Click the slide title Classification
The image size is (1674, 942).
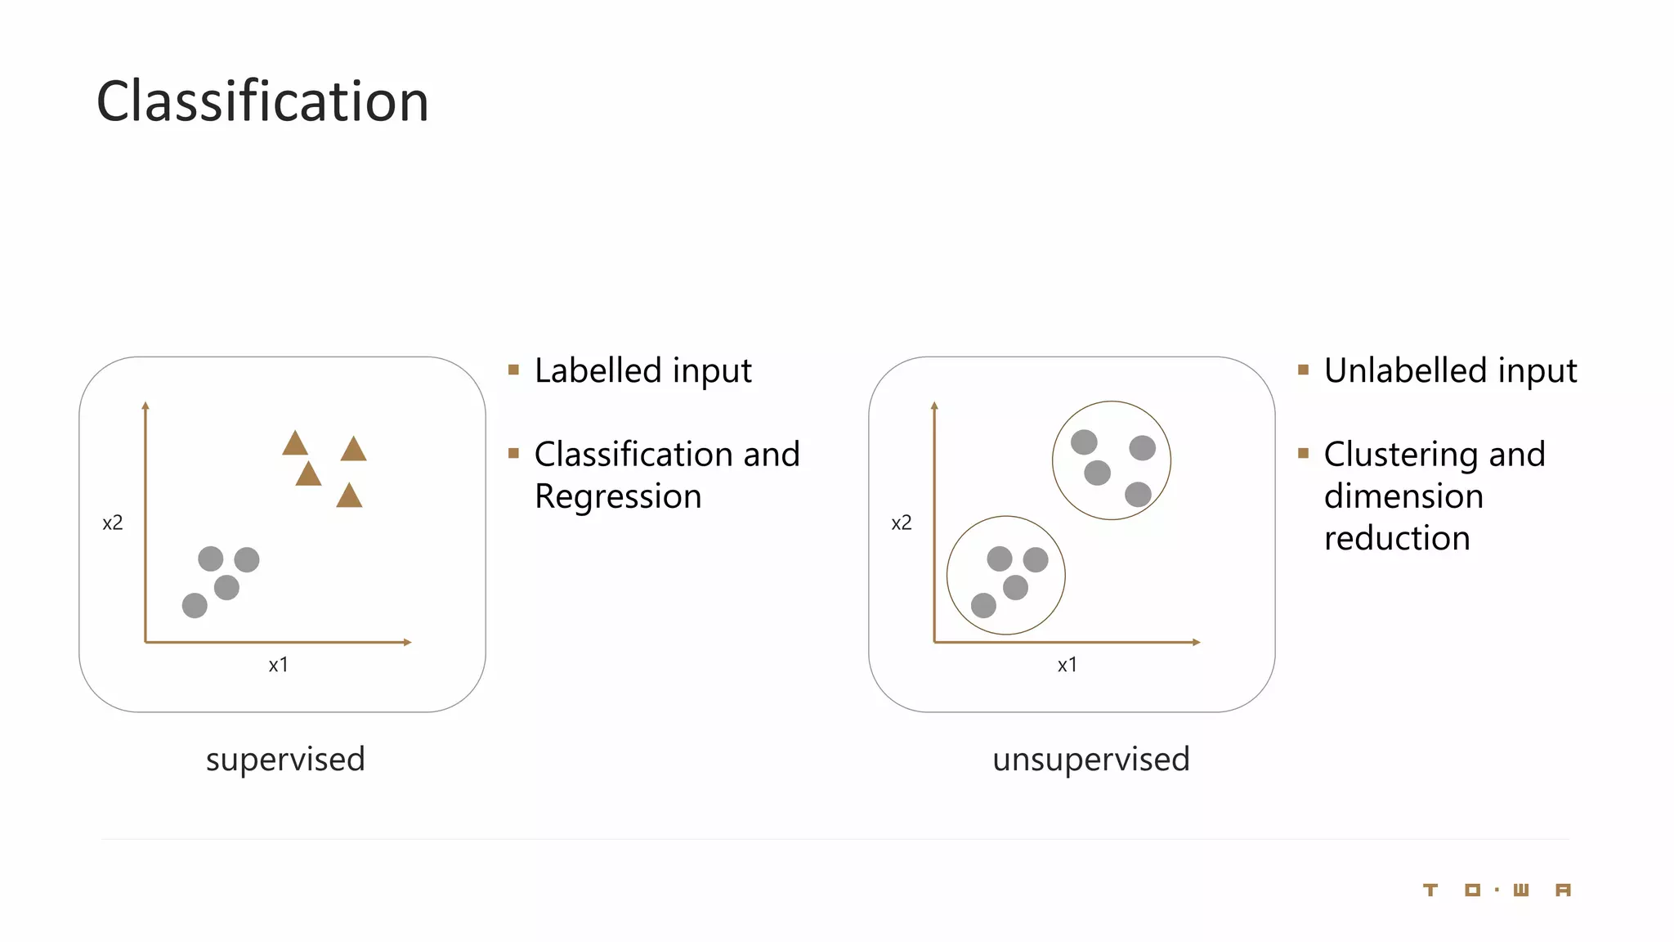click(x=262, y=101)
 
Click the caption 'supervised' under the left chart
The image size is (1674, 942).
click(x=285, y=759)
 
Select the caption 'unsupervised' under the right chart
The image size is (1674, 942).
click(x=1090, y=759)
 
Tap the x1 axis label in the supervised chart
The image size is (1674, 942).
click(x=278, y=665)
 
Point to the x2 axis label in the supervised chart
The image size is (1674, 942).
click(x=113, y=523)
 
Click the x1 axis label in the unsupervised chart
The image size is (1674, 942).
click(x=1067, y=665)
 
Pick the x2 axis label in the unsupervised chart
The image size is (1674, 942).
click(x=901, y=523)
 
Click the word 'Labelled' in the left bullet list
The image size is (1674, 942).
click(x=598, y=370)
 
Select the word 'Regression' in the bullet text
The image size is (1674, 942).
click(x=618, y=496)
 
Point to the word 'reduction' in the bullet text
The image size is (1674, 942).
click(x=1397, y=538)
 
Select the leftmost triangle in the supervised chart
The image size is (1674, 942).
click(x=295, y=445)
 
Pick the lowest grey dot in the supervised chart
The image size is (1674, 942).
click(x=195, y=606)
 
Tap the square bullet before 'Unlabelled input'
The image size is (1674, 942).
click(x=1303, y=370)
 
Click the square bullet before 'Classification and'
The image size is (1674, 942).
click(x=513, y=453)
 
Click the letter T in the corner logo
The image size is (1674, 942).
click(x=1430, y=890)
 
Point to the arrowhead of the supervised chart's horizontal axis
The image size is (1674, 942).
click(x=407, y=642)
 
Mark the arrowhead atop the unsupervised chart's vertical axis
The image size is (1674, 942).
click(x=934, y=406)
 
